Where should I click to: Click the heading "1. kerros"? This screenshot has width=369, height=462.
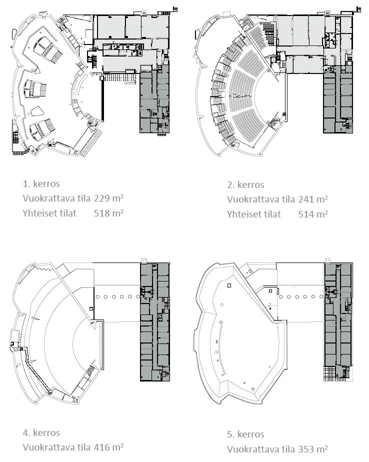(x=41, y=184)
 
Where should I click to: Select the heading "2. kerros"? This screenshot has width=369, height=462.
(x=245, y=184)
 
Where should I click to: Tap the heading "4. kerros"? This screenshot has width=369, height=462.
(x=41, y=433)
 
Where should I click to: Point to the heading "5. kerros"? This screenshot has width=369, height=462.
(x=245, y=434)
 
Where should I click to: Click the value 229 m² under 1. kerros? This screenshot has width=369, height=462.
(x=108, y=198)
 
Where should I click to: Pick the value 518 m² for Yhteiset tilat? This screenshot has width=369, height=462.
(x=108, y=212)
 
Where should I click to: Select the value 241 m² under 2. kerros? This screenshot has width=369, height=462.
(x=312, y=199)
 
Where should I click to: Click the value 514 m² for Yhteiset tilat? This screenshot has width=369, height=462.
(x=312, y=214)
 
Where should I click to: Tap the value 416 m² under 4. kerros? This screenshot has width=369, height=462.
(x=108, y=447)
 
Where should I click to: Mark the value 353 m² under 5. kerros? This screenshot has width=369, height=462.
(x=312, y=449)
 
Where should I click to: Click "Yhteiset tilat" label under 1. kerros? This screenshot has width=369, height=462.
(x=49, y=212)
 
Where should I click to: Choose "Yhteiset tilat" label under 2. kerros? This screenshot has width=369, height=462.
(x=254, y=214)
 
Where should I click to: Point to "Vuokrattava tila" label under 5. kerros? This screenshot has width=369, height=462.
(x=261, y=449)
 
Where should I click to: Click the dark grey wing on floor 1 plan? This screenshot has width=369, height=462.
(x=154, y=100)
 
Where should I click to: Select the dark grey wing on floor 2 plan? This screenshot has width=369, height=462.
(x=338, y=100)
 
